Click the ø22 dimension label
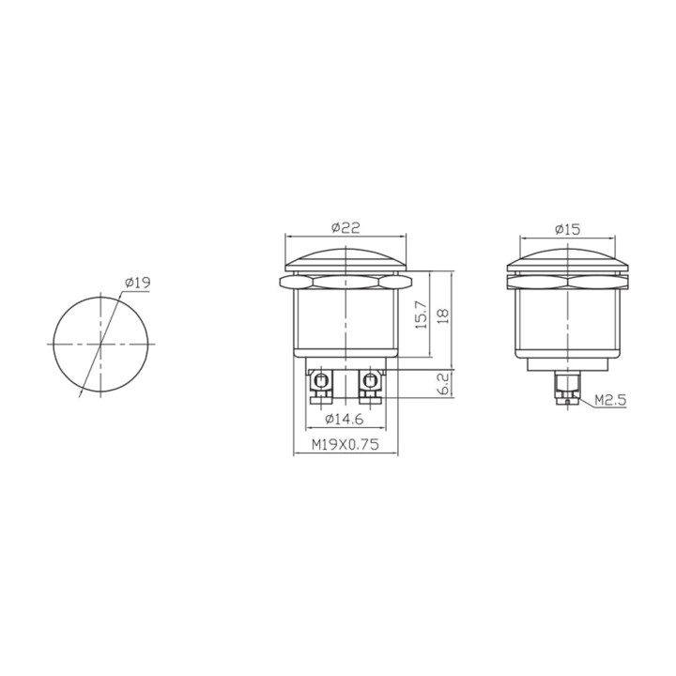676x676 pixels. [346, 227]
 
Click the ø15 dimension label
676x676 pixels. [567, 229]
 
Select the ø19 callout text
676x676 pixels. [137, 283]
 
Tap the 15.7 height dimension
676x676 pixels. [422, 315]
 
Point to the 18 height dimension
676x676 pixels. [443, 316]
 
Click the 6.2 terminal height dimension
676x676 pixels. [443, 384]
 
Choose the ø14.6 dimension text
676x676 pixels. [345, 419]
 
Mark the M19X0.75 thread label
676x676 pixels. [346, 444]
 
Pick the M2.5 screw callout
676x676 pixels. [610, 401]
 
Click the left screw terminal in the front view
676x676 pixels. [320, 386]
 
